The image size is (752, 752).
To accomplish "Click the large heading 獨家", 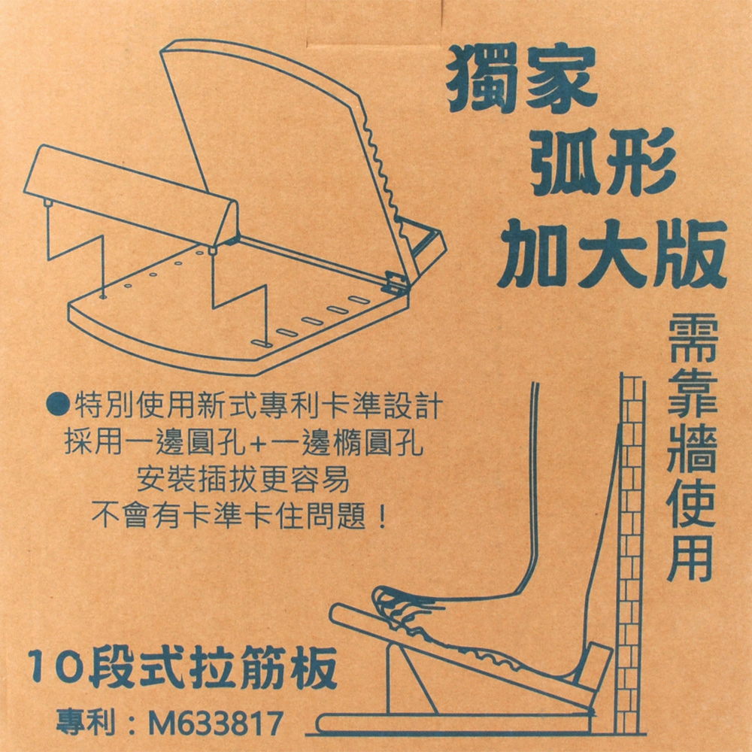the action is pyautogui.click(x=521, y=79).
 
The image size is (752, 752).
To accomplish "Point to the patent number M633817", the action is pyautogui.click(x=216, y=723).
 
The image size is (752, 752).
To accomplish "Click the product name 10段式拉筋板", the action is pyautogui.click(x=183, y=666).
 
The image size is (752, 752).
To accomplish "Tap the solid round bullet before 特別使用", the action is pyautogui.click(x=58, y=405).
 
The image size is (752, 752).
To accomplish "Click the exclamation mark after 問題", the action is pyautogui.click(x=382, y=517).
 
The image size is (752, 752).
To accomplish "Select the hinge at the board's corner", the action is pyautogui.click(x=397, y=282).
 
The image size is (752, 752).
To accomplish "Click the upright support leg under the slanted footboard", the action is pyautogui.click(x=408, y=676).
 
